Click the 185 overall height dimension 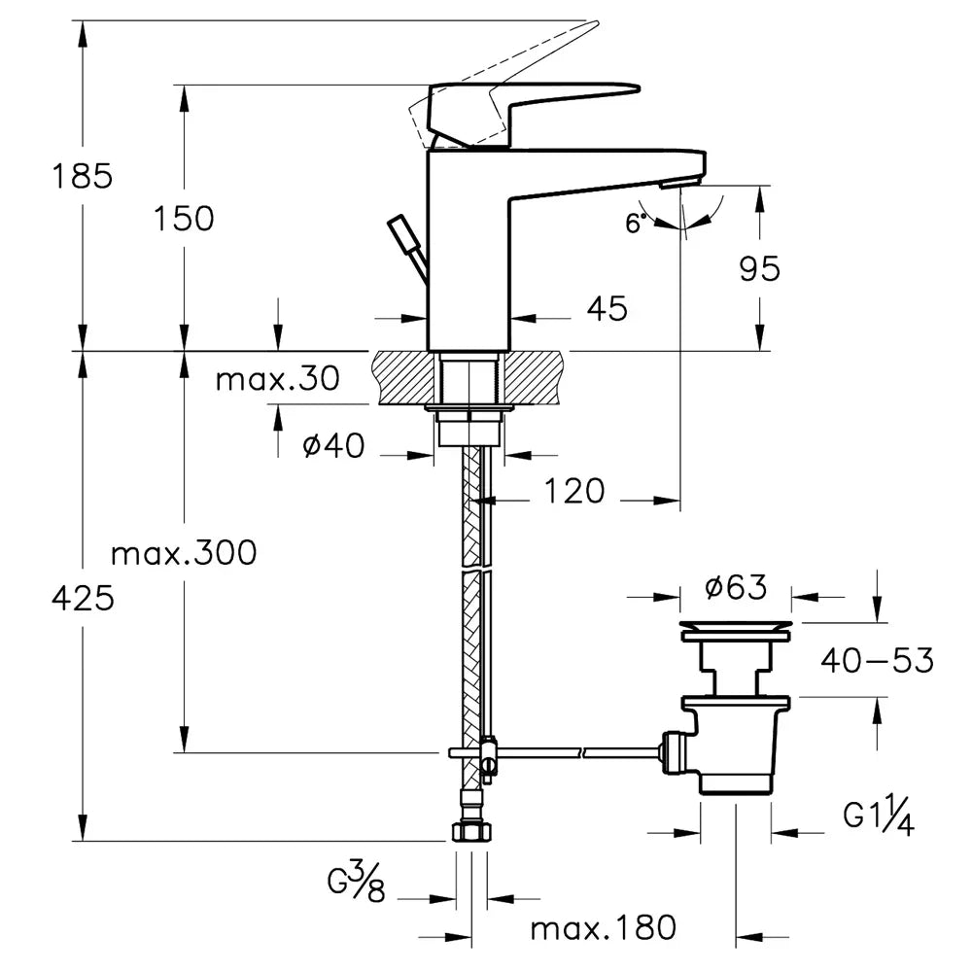[x=83, y=176]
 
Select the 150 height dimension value [x=184, y=219]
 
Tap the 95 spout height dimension [x=759, y=269]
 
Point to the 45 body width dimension [x=607, y=308]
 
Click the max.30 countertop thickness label [x=278, y=379]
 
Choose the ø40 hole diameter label [x=333, y=445]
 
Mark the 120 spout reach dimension [x=574, y=492]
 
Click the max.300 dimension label [x=184, y=552]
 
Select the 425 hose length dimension [x=83, y=599]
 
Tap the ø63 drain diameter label [x=736, y=587]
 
